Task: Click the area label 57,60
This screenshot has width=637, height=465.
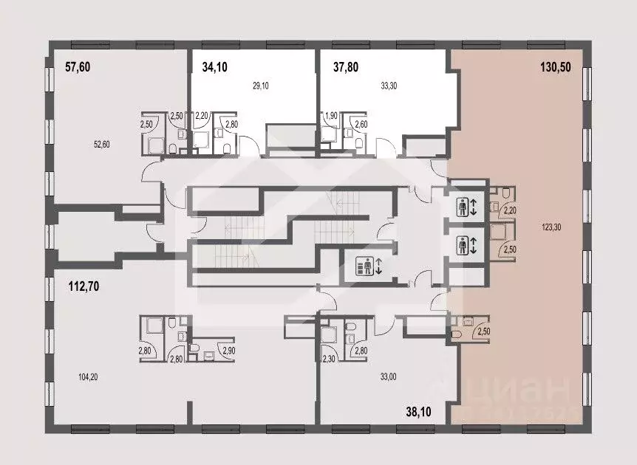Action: point(77,67)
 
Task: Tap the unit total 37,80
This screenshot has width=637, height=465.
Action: point(345,67)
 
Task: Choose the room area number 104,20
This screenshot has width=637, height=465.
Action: point(87,376)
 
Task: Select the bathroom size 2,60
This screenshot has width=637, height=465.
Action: point(361,124)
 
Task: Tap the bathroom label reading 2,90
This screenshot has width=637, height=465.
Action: point(229,349)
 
